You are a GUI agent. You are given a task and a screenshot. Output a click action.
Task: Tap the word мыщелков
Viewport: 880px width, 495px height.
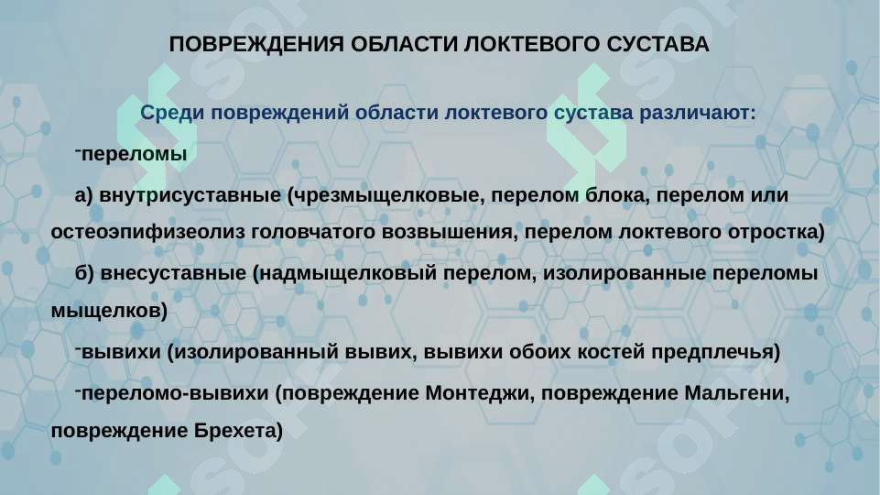tap(108, 312)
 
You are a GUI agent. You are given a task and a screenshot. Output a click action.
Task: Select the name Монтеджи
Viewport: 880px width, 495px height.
tap(470, 392)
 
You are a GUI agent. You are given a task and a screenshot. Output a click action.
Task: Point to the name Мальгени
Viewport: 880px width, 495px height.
tap(736, 392)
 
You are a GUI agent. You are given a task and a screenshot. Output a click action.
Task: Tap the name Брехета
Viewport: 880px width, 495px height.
tap(237, 430)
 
